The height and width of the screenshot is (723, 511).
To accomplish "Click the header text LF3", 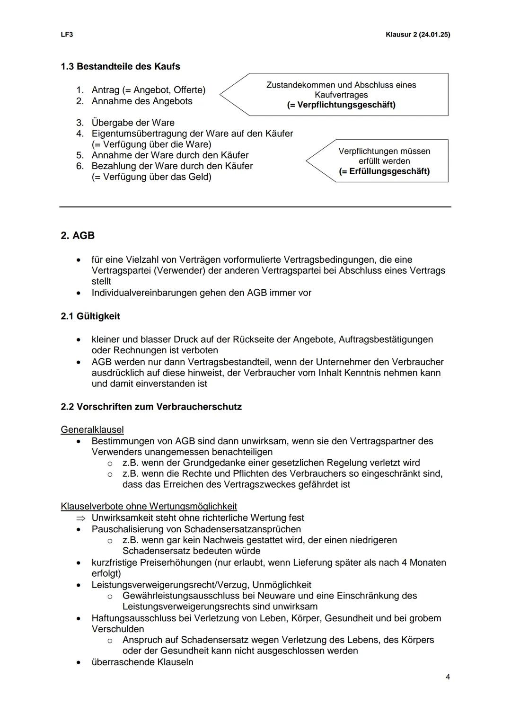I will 66,35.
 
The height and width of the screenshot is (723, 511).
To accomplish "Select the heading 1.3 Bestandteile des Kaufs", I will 120,66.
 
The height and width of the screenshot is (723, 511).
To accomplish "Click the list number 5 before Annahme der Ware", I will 80,155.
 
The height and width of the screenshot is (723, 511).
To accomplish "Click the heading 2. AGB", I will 78,235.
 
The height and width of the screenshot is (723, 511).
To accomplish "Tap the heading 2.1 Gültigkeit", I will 90,316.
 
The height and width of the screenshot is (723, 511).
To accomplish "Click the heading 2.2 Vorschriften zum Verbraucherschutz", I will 151,407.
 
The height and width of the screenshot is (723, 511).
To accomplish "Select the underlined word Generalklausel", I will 92,429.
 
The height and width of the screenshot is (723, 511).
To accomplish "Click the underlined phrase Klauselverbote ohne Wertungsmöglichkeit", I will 149,506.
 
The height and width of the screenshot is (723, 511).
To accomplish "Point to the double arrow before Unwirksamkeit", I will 82,518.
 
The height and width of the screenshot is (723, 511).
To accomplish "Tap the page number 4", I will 448,677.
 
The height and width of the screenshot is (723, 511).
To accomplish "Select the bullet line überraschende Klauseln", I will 142,662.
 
